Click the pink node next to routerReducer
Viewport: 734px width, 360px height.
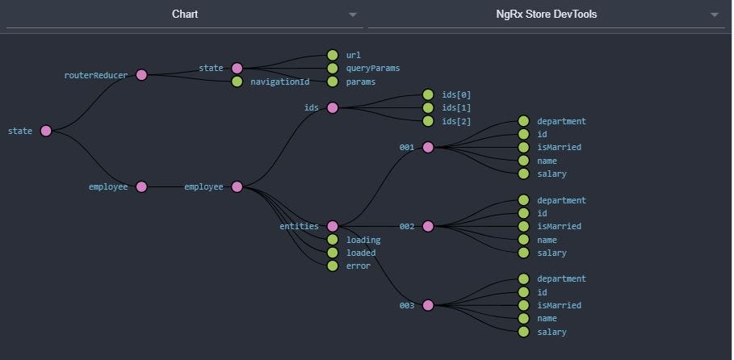pos(142,75)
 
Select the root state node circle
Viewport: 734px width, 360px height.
pos(46,131)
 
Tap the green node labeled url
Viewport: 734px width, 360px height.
pos(332,55)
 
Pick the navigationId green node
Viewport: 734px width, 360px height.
pos(237,82)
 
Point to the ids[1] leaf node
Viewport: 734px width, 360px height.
pos(428,107)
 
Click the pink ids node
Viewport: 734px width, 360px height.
pos(333,107)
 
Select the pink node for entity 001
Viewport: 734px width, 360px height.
pos(428,147)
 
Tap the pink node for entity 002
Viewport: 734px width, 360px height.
pos(428,226)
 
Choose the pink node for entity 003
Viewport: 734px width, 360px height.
pos(428,305)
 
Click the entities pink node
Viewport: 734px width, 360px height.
pos(333,226)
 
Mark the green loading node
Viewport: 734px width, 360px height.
pos(332,240)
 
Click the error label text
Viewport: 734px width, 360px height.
pos(359,266)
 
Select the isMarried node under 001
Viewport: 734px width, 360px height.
pos(523,147)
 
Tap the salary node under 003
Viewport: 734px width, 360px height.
pos(523,332)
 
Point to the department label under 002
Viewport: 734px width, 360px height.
pos(561,200)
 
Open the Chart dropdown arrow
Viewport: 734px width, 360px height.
pos(352,15)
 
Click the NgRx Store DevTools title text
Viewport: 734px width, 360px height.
pos(547,14)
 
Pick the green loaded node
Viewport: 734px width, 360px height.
pos(332,253)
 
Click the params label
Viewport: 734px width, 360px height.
pos(360,82)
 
